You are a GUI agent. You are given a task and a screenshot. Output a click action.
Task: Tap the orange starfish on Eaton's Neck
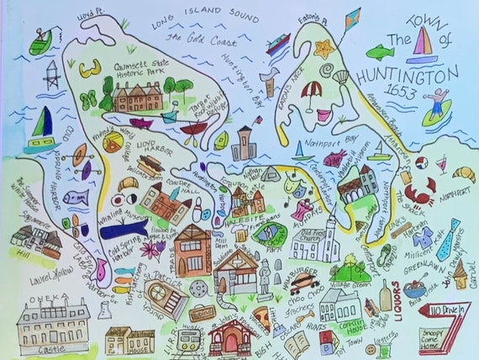[323, 49]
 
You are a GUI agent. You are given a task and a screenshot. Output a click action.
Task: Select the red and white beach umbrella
[312, 89]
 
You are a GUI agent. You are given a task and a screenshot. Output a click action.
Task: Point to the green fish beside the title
[380, 52]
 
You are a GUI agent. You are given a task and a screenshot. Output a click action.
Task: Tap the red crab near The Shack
[417, 189]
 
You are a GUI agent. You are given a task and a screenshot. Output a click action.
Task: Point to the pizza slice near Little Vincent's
[261, 320]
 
